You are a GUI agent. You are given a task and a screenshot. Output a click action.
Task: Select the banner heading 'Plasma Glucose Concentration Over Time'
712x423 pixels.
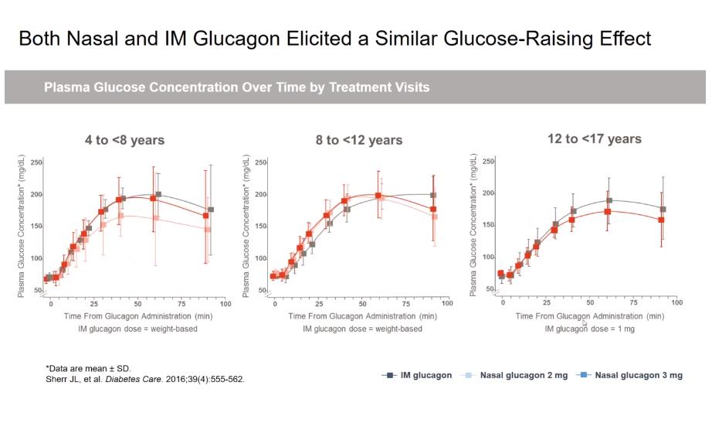point(236,87)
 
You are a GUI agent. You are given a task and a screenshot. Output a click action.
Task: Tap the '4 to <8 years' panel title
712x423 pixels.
point(124,140)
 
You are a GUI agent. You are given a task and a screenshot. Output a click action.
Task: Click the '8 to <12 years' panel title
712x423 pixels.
point(358,140)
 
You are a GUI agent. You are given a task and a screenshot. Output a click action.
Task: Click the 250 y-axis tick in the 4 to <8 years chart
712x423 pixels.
point(36,162)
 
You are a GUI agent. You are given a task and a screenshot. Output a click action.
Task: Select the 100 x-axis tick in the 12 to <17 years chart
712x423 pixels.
point(676,302)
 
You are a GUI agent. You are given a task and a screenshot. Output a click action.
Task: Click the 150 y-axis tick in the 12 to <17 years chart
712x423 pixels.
point(490,225)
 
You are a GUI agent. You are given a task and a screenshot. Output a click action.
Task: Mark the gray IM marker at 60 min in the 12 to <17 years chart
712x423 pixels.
point(609,200)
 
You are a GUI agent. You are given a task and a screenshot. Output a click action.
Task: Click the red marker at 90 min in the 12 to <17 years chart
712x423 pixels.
point(661,220)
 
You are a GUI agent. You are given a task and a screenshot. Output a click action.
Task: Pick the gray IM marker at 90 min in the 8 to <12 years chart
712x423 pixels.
point(433,195)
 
